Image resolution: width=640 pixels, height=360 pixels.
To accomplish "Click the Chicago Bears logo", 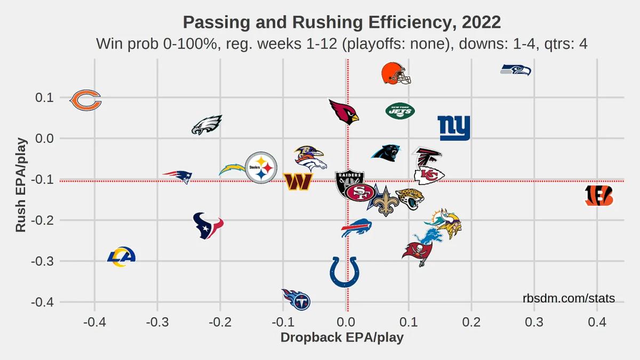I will click(86, 100).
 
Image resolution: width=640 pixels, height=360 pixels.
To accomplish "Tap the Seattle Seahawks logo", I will click(516, 70).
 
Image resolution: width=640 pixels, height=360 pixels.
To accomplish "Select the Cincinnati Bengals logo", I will click(599, 196).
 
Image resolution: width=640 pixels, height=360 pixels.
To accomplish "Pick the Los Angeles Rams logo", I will click(121, 257).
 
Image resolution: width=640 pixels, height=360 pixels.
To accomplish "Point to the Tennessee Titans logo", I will click(297, 299).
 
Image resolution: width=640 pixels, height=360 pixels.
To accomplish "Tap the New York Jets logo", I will click(400, 111).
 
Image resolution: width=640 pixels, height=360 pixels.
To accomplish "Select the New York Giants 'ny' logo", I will click(454, 128).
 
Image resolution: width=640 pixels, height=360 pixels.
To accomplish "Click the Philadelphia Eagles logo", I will click(207, 125).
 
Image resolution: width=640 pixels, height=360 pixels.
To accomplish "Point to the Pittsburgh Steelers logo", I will click(261, 167).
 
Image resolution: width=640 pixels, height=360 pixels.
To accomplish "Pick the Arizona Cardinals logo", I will click(344, 111).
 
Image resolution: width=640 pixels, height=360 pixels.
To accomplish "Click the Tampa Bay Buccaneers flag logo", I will click(417, 253).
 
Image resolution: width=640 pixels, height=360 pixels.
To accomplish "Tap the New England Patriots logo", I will click(178, 177).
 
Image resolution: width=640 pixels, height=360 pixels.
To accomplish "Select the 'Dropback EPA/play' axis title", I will click(342, 338).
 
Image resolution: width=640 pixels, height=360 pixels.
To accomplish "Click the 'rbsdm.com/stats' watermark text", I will click(569, 299).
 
